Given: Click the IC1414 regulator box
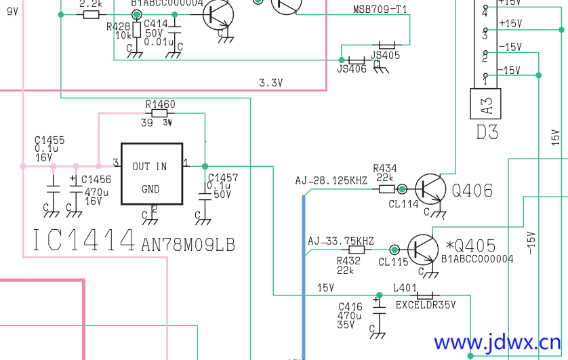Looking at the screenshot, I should pyautogui.click(x=151, y=174).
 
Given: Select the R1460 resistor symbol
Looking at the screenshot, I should pyautogui.click(x=160, y=114).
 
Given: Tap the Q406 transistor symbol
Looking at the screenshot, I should pyautogui.click(x=430, y=190).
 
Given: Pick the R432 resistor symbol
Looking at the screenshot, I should pyautogui.click(x=357, y=249).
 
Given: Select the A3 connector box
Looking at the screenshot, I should pyautogui.click(x=486, y=105).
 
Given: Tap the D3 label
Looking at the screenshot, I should pyautogui.click(x=487, y=132).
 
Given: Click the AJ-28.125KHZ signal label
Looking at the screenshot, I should pyautogui.click(x=331, y=181).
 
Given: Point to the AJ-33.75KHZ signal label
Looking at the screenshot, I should pyautogui.click(x=341, y=241).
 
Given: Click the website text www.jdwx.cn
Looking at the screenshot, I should pyautogui.click(x=497, y=344).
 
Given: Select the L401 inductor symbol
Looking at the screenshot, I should pyautogui.click(x=424, y=296).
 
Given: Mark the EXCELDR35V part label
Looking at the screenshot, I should pyautogui.click(x=426, y=305).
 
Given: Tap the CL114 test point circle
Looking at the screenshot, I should pyautogui.click(x=403, y=189).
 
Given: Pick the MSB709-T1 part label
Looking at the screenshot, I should pyautogui.click(x=380, y=9).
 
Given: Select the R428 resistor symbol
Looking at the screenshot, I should pyautogui.click(x=137, y=30).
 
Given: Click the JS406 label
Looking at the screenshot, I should pyautogui.click(x=351, y=68).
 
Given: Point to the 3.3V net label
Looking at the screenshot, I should pyautogui.click(x=270, y=83).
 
